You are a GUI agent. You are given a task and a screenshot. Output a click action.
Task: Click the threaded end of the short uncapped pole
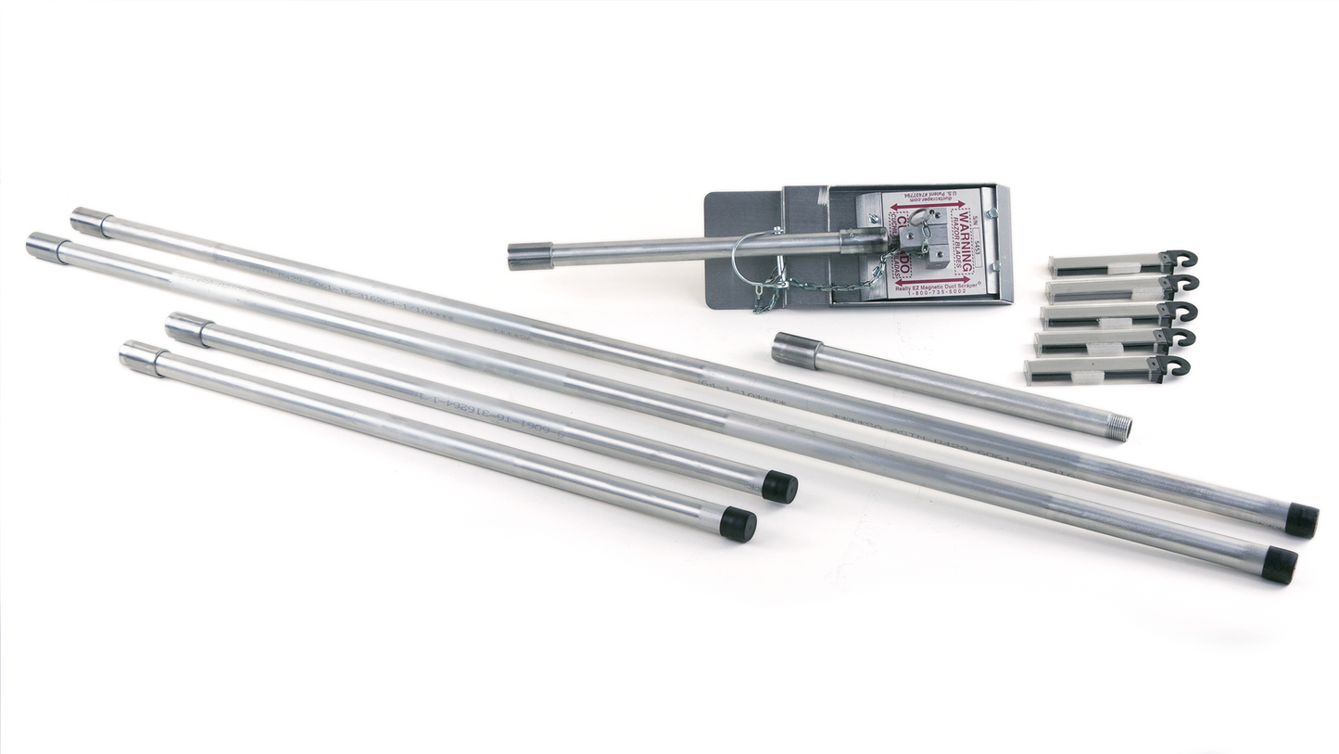pos(1119,428)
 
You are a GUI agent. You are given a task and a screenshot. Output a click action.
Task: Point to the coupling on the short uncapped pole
pos(796,351)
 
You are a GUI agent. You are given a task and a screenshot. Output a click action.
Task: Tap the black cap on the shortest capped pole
pos(738,524)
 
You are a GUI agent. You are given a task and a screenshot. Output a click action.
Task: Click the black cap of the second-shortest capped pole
pos(779,487)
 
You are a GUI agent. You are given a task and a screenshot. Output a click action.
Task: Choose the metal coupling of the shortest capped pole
pos(143,358)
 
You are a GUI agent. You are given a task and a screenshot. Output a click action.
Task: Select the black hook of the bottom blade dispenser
pos(1176,366)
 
